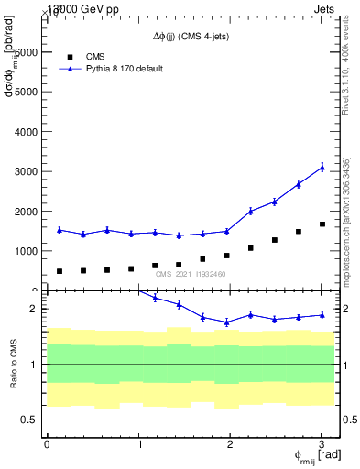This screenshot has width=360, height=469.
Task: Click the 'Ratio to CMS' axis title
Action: (14, 364)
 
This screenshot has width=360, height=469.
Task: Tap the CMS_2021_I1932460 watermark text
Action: (191, 274)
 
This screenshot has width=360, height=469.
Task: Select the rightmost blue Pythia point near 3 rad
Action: (322, 167)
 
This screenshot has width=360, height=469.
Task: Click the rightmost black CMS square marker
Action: (322, 224)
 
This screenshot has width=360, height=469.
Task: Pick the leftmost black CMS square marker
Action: (60, 271)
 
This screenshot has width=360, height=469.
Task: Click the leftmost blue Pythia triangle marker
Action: (60, 230)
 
